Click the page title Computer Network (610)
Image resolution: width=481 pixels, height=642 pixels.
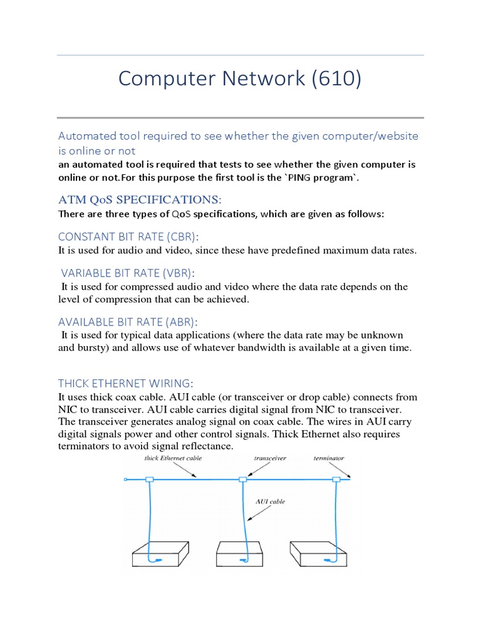click(x=240, y=79)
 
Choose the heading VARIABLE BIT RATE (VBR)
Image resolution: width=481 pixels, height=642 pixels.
click(x=127, y=273)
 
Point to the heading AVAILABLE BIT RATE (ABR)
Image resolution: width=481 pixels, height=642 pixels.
click(x=128, y=322)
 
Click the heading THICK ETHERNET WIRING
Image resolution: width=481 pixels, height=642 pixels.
click(x=126, y=383)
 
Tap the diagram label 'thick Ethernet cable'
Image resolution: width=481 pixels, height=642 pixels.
click(x=173, y=458)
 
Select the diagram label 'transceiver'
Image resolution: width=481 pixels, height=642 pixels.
click(x=270, y=458)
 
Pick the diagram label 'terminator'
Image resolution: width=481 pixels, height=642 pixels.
click(x=329, y=458)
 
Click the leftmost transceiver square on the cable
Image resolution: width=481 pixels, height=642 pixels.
click(x=149, y=480)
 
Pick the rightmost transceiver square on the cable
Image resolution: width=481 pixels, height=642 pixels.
click(x=336, y=480)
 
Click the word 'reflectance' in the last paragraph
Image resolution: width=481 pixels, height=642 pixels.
click(x=206, y=446)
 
